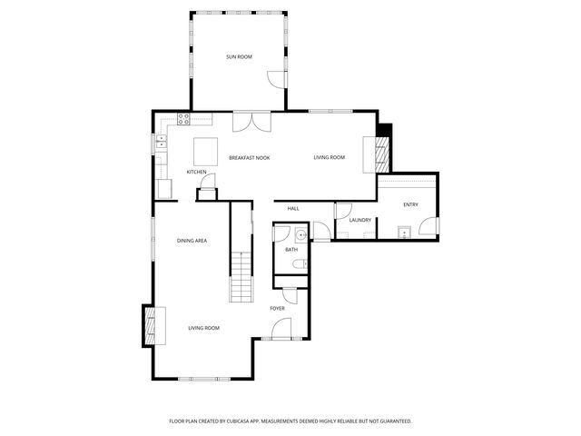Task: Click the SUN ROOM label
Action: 239,57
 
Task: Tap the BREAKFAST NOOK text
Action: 249,158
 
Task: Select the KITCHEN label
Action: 196,172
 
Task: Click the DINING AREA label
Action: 192,241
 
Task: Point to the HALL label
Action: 293,209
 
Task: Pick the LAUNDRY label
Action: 359,220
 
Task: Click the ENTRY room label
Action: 410,204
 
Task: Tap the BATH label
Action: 291,249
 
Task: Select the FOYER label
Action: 277,309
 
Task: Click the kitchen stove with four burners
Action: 183,117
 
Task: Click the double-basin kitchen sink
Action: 161,141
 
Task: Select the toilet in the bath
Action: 299,263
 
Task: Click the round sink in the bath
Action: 280,233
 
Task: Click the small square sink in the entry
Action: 408,233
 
